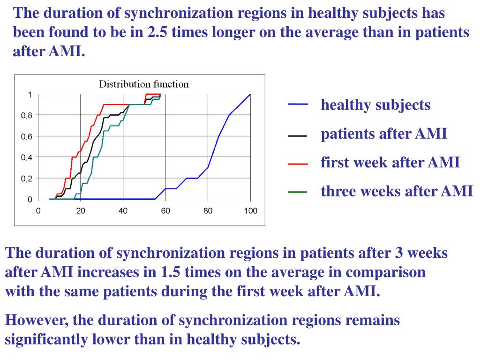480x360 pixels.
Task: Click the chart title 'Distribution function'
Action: pos(143,84)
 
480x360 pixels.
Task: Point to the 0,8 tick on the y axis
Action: pos(26,115)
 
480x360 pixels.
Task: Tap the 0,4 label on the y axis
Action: pos(26,157)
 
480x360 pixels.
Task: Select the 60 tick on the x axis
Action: pos(165,210)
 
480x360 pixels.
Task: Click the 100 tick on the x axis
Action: pos(250,210)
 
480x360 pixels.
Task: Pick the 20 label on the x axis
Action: pos(81,210)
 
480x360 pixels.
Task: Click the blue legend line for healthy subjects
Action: pos(298,105)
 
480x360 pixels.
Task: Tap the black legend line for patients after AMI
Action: pos(298,135)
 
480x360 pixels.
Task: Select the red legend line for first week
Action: pos(298,164)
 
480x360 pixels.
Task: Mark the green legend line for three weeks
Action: pos(298,192)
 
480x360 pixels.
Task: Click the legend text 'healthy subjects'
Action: pos(375,105)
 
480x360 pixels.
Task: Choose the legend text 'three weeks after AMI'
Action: pos(397,191)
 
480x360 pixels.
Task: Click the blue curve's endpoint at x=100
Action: pos(250,94)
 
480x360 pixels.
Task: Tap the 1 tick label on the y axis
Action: pos(30,94)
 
